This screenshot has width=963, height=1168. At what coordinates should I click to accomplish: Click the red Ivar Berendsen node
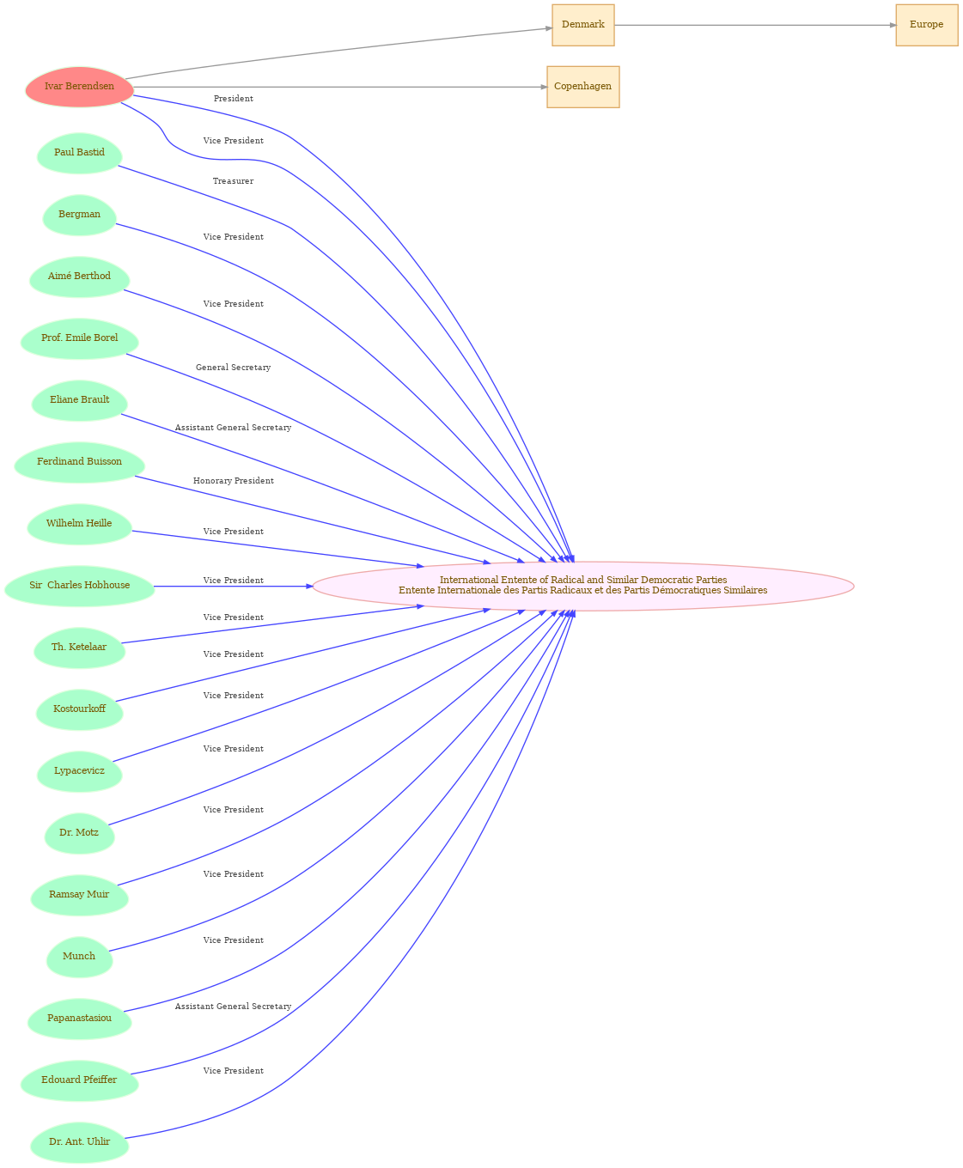(79, 87)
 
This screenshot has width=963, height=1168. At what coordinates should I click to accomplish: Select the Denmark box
(583, 25)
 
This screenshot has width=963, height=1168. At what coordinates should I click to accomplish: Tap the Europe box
(927, 25)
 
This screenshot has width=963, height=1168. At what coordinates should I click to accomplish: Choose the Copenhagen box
(583, 87)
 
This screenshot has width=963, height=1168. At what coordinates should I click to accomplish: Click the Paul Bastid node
(79, 153)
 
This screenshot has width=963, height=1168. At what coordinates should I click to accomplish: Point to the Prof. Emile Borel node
(79, 338)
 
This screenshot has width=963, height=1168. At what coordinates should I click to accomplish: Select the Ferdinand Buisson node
(79, 462)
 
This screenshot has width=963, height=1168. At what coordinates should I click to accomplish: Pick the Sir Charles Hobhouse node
(79, 586)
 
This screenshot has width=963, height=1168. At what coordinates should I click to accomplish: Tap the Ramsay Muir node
(79, 895)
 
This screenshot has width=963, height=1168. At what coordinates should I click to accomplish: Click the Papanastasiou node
(79, 1019)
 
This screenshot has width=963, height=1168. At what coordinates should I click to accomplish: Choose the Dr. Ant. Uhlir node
(79, 1142)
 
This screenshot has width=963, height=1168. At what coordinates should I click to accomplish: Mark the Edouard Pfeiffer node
(79, 1080)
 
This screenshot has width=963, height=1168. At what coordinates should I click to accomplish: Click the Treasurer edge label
(233, 181)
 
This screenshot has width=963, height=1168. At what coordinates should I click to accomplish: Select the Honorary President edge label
(234, 481)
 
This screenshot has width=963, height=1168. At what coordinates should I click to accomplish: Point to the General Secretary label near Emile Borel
(234, 368)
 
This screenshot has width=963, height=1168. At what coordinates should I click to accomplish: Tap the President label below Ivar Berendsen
(234, 99)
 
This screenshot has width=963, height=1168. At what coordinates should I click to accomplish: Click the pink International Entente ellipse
(583, 586)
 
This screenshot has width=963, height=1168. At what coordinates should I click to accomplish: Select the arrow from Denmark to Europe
(755, 25)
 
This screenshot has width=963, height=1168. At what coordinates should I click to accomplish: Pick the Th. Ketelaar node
(79, 648)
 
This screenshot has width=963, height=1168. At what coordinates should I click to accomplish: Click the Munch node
(79, 957)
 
